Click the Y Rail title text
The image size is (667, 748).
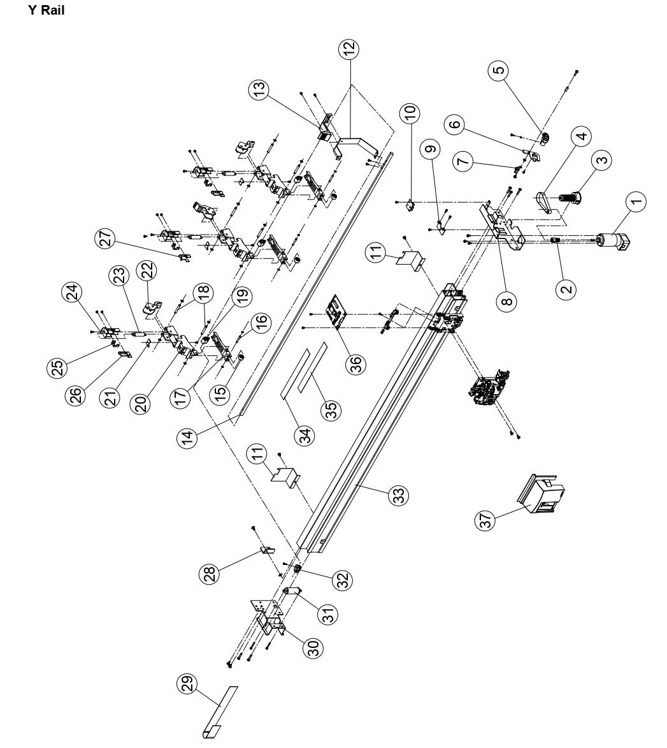[47, 11]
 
